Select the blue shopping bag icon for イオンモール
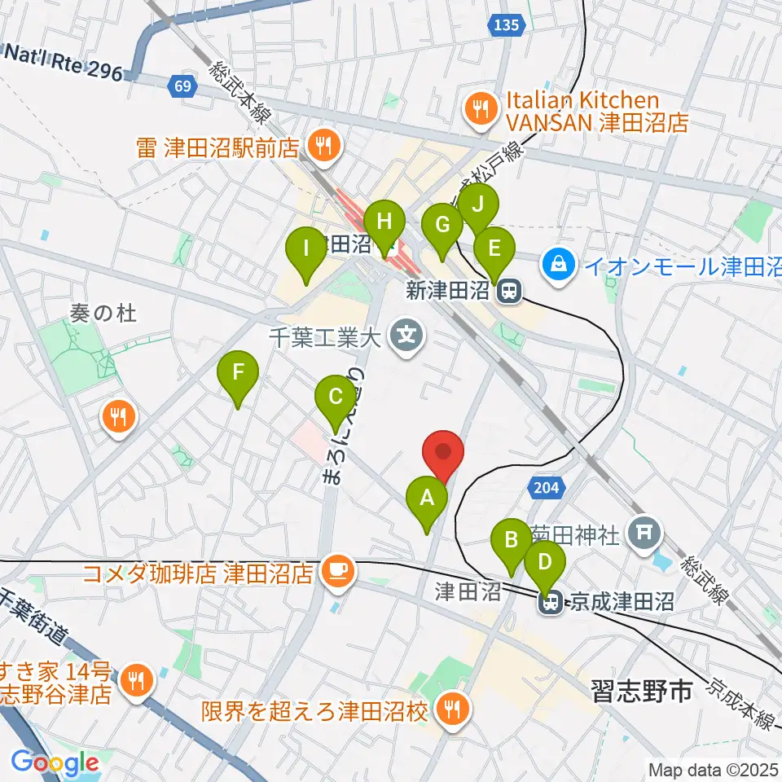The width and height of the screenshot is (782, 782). point(560,264)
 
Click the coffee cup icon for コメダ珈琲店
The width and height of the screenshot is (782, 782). point(335,570)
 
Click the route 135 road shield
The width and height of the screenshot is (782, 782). point(506,26)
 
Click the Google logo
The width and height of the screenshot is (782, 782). point(55,762)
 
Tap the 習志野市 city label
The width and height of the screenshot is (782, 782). point(643,692)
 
